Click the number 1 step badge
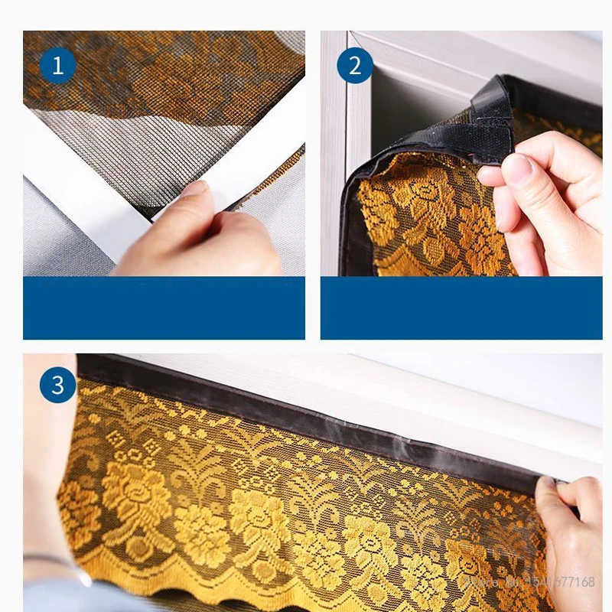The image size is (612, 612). point(57,66)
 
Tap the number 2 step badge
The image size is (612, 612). point(355,66)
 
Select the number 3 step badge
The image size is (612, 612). point(58,386)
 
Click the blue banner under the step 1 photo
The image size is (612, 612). point(164,308)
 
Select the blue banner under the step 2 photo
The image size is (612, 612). point(461,308)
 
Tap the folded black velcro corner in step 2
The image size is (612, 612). point(490,115)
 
